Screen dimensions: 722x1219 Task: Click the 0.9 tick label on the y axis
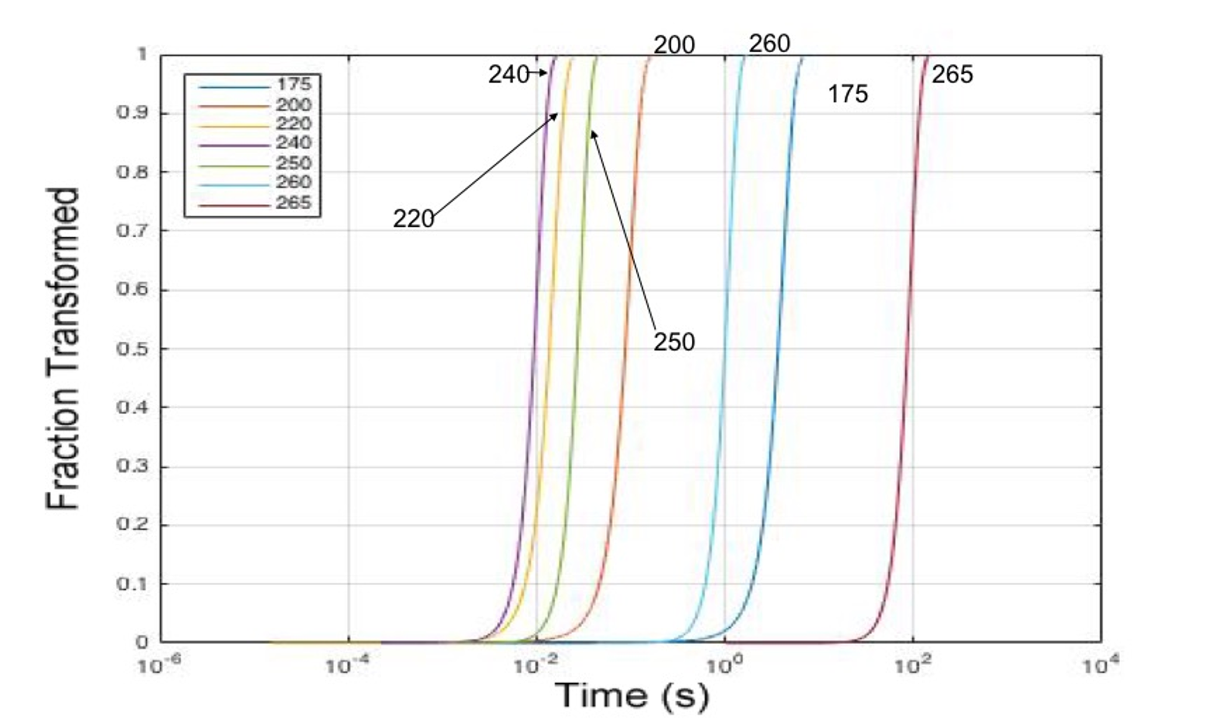click(x=133, y=113)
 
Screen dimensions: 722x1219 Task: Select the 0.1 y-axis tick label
click(x=133, y=584)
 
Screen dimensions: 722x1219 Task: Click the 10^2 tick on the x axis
click(x=911, y=665)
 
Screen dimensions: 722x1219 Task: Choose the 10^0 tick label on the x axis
click(x=723, y=665)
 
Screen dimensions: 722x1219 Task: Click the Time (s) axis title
click(x=632, y=695)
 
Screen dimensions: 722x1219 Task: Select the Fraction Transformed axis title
click(x=63, y=349)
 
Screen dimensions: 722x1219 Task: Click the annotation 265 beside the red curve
click(x=952, y=75)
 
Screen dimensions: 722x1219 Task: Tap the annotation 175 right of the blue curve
click(x=848, y=94)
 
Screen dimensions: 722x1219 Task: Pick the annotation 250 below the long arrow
click(x=674, y=342)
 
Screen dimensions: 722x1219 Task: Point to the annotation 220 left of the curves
click(x=413, y=219)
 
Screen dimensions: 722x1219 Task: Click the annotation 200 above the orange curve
click(x=674, y=45)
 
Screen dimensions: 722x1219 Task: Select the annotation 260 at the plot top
click(x=769, y=44)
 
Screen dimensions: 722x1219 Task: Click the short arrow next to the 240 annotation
click(x=538, y=73)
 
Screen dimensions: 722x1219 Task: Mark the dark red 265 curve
click(x=909, y=298)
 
